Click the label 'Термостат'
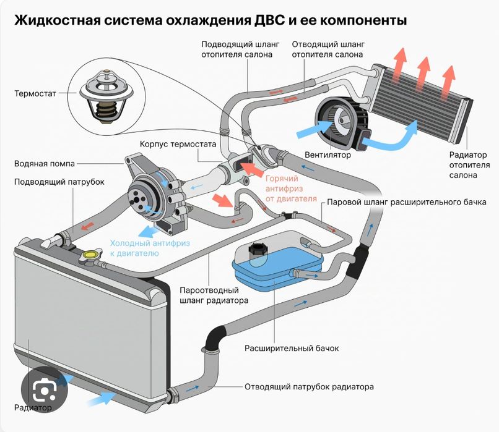(35, 94)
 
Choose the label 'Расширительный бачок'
(292, 349)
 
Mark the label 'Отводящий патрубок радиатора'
(309, 388)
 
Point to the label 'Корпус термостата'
(178, 144)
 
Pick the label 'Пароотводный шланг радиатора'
(214, 295)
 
